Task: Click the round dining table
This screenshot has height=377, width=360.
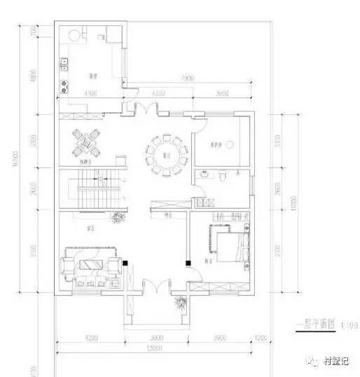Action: coord(167,154)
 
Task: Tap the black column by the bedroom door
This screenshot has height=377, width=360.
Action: coord(187,263)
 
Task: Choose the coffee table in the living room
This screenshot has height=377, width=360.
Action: coord(88,265)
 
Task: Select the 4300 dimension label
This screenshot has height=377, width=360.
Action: coord(158,92)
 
